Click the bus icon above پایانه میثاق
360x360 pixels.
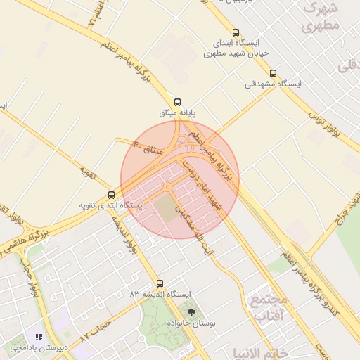pos(177,101)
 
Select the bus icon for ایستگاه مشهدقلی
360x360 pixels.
pos(273,73)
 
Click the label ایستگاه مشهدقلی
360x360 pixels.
pos(273,84)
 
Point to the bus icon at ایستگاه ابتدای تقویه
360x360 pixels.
pos(111,195)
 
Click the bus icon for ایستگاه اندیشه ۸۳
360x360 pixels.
pos(160,283)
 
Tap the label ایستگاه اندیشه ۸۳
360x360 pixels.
pos(160,294)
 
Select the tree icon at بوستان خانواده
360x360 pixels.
pos(191,310)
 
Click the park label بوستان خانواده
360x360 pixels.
pos(191,321)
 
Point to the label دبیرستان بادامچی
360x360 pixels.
pos(38,347)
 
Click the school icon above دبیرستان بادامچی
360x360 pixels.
pos(38,337)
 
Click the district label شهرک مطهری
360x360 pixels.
pos(321,18)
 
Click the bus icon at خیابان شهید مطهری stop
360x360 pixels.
pos(235,32)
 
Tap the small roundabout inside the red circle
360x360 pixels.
pos(168,186)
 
